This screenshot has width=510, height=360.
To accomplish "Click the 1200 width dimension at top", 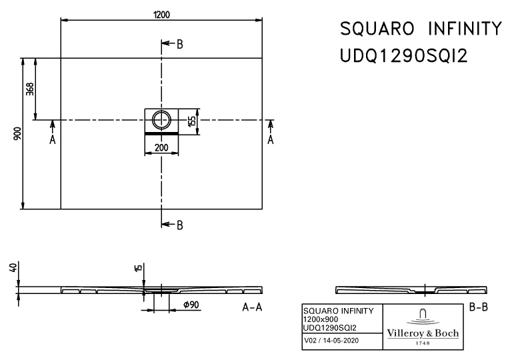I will click(161, 15).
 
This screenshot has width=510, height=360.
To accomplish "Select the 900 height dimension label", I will click(17, 133).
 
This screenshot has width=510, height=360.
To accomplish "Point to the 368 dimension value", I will click(30, 89).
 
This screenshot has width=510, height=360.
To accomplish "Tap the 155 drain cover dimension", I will click(191, 121).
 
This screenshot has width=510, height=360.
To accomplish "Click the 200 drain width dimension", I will click(161, 148).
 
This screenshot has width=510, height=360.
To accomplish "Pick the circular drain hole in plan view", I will click(161, 120).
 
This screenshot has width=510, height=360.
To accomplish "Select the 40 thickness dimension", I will click(13, 269).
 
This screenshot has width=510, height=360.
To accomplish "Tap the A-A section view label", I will click(252, 307).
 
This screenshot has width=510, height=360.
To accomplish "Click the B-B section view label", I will click(479, 307).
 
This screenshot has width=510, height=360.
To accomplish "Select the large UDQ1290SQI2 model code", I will click(404, 56).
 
